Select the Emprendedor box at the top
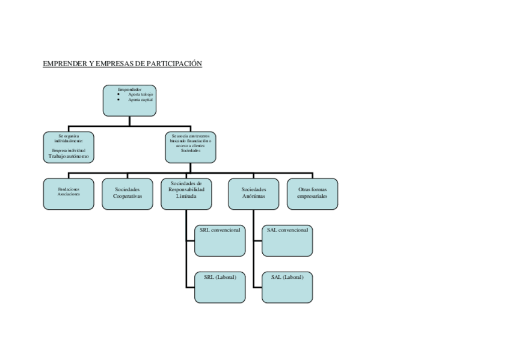(130, 100)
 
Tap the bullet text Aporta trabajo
(141, 94)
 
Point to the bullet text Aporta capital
(141, 99)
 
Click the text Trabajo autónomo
(69, 156)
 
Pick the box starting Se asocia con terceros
(191, 147)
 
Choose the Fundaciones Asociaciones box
(69, 194)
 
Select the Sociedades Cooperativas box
(127, 194)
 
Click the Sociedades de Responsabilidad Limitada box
(186, 194)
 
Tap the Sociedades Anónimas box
(253, 194)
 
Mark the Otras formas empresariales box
(312, 194)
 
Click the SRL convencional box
(220, 240)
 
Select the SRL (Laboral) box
(220, 287)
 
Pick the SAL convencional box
(287, 240)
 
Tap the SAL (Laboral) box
(287, 287)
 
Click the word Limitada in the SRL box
(186, 196)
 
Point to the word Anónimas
(253, 196)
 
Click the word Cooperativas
(127, 196)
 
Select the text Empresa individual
(69, 150)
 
